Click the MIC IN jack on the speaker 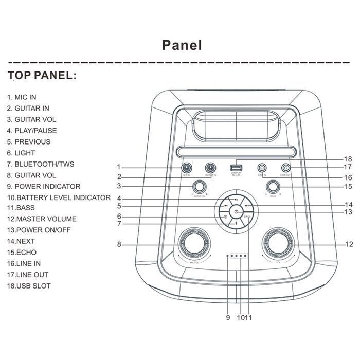[x=186, y=167]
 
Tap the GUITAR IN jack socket [x=210, y=167]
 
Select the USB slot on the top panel [x=236, y=167]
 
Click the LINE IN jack [x=262, y=167]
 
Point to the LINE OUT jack [x=286, y=167]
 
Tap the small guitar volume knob [x=200, y=186]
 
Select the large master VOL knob [x=278, y=244]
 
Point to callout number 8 [x=119, y=245]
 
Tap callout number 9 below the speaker [x=227, y=317]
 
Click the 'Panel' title [x=182, y=45]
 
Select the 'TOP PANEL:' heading [x=43, y=76]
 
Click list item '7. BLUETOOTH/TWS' [x=41, y=164]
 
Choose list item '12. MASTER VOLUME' [x=42, y=219]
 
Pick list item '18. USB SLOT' [x=29, y=286]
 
